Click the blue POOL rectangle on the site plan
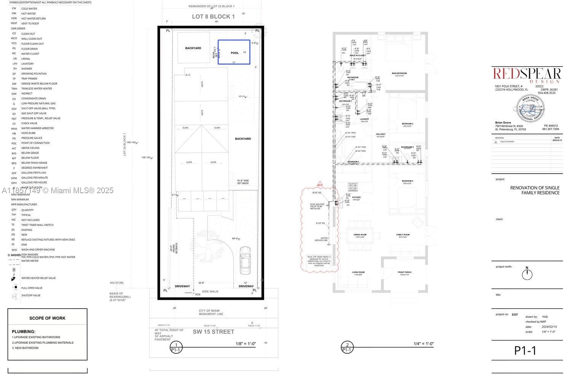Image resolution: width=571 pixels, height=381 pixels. (x=234, y=52)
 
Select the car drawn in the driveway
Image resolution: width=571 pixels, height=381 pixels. (x=245, y=260)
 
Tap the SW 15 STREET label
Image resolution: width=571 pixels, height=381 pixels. (x=213, y=331)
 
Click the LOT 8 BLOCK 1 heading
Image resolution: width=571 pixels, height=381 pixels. (x=213, y=16)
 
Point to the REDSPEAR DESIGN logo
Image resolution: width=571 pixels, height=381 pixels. (x=527, y=75)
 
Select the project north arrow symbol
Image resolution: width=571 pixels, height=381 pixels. (x=527, y=274)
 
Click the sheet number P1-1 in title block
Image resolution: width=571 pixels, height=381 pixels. (x=525, y=351)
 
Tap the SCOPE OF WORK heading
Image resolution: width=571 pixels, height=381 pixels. (x=47, y=318)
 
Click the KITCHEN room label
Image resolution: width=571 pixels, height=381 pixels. (x=356, y=197)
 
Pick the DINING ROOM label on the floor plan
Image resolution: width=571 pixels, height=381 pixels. (x=360, y=235)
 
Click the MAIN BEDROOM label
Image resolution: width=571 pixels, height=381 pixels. (x=399, y=73)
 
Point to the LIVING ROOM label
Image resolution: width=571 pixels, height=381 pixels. (x=358, y=272)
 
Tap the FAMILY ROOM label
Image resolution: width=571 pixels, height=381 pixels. (x=403, y=235)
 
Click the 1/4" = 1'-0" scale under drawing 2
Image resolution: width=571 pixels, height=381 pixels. (x=424, y=344)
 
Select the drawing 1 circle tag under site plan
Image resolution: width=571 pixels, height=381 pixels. (x=175, y=347)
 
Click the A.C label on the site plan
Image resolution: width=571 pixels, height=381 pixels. (x=188, y=75)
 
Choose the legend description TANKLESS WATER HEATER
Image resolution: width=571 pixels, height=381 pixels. (x=37, y=88)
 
